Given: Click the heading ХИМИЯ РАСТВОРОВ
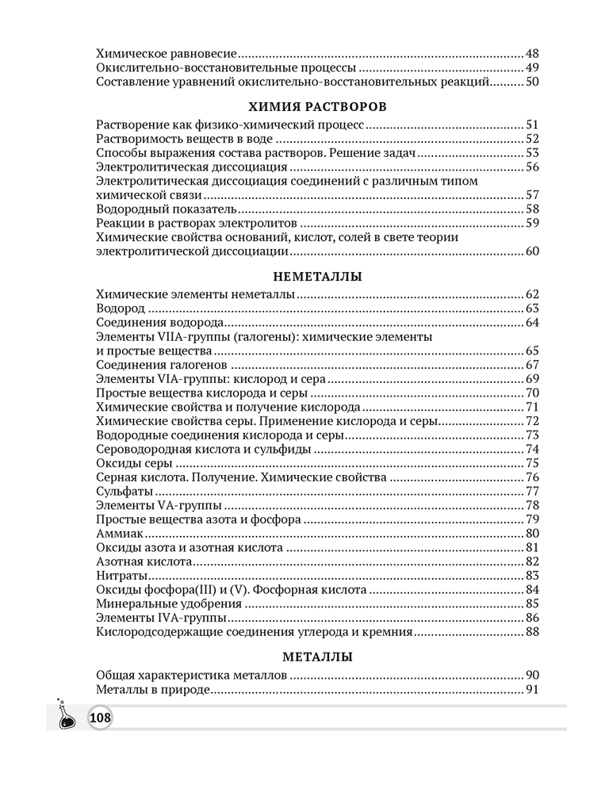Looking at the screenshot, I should pyautogui.click(x=316, y=105).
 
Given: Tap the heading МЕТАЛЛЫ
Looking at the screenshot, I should pyautogui.click(x=317, y=657).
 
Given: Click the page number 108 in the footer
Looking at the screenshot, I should pyautogui.click(x=101, y=718).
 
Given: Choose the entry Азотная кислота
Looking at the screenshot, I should pyautogui.click(x=144, y=561).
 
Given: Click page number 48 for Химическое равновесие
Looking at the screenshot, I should pyautogui.click(x=531, y=53).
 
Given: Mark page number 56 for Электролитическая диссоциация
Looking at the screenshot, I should pyautogui.click(x=531, y=167).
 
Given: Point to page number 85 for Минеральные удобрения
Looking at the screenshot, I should pyautogui.click(x=531, y=604).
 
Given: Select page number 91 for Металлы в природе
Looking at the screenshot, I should pyautogui.click(x=531, y=690).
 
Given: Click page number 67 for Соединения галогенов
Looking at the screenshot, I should pyautogui.click(x=531, y=365).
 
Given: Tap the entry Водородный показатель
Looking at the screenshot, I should pyautogui.click(x=166, y=209).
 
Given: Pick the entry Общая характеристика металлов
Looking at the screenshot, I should pyautogui.click(x=190, y=676).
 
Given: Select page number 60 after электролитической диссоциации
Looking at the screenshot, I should pyautogui.click(x=531, y=251).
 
